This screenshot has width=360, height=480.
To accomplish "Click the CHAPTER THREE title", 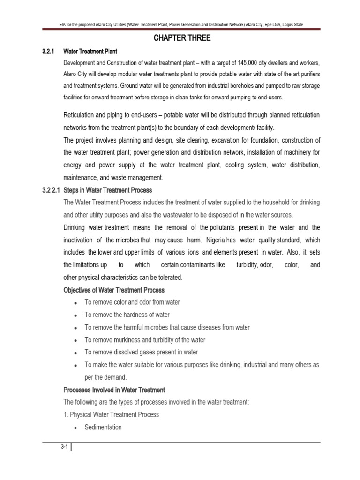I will click(182, 38).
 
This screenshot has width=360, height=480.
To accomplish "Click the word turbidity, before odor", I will click(246, 265).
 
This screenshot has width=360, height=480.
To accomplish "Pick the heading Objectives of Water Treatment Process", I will click(114, 290).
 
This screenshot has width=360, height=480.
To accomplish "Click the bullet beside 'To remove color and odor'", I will click(75, 303).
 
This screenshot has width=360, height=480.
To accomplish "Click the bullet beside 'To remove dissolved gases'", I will click(75, 352).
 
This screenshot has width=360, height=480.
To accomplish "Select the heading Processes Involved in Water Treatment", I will click(114, 390).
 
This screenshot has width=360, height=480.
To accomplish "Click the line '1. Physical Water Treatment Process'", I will click(111, 415).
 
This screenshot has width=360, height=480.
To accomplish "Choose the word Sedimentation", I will click(103, 427).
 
